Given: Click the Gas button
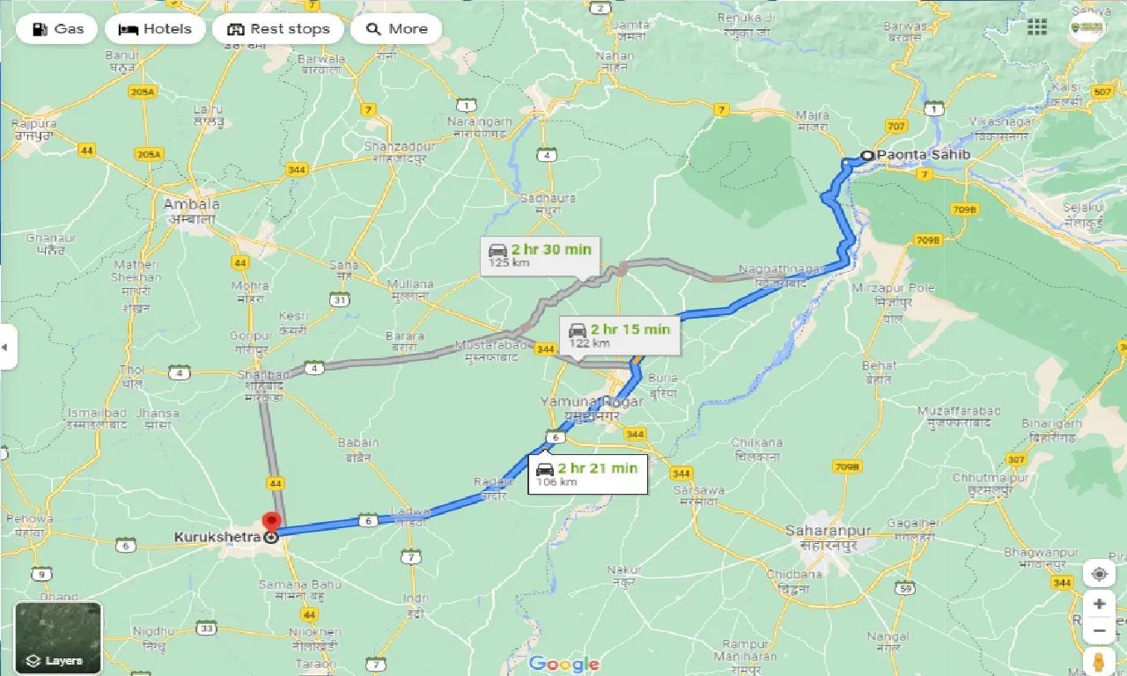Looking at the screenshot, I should pos(57,29).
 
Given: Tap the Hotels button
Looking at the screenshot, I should pos(155,29).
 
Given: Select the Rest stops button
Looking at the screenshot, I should pos(278,29).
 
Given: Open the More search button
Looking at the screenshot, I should pos(396,29).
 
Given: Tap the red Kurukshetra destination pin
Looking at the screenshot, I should pos(272,522).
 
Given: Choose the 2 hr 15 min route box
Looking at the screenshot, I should pos(619,335).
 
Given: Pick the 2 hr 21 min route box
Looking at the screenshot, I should pos(587,474).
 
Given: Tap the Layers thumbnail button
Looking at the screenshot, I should pos(58,637).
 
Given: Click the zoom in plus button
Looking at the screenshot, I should pos(1099,604).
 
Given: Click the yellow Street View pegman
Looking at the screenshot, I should pos(1099,660).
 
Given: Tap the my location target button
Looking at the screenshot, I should pos(1099,574).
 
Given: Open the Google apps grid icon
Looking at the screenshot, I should pos(1037,26).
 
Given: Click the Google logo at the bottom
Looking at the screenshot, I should pos(563,664).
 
